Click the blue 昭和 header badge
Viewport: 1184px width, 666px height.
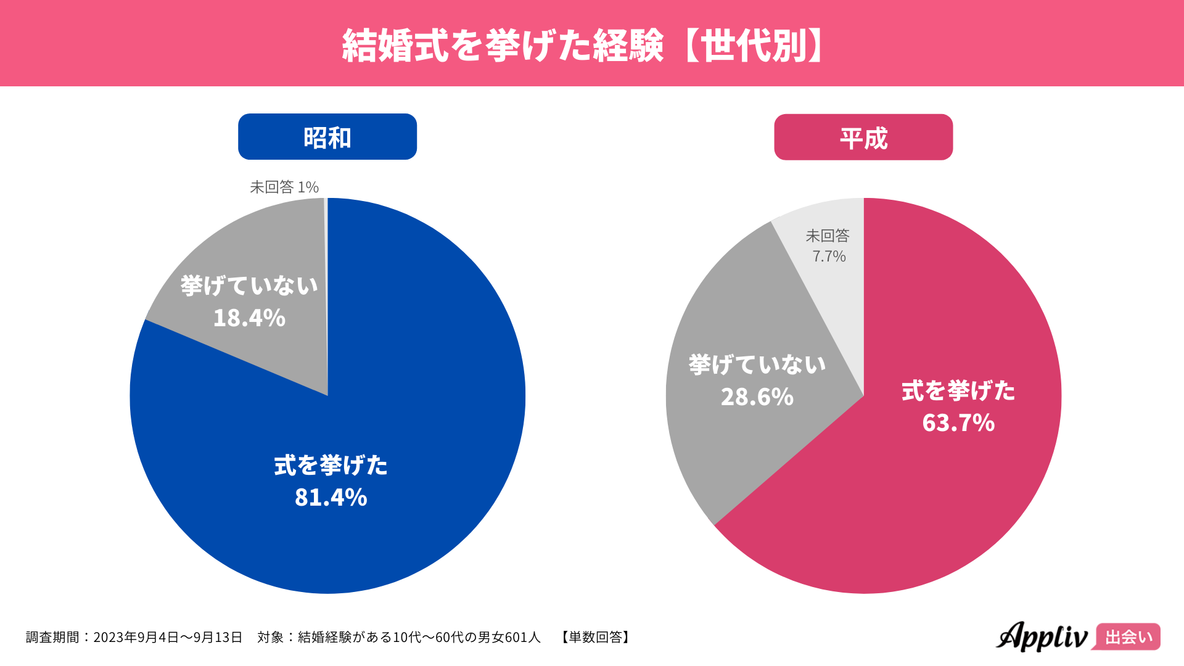(x=327, y=137)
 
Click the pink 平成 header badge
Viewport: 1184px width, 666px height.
(x=863, y=138)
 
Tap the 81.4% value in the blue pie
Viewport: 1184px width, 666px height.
(x=331, y=497)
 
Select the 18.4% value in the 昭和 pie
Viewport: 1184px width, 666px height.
(x=249, y=318)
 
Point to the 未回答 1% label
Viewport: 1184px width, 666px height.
(x=284, y=187)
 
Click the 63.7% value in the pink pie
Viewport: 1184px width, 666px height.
(x=958, y=423)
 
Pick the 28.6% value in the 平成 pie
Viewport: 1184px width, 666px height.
(x=757, y=397)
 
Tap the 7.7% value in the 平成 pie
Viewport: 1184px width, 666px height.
(x=829, y=257)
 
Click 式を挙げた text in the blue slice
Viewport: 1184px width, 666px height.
(x=331, y=466)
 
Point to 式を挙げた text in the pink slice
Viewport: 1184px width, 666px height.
(x=958, y=391)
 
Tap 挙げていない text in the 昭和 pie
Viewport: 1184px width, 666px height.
(x=249, y=286)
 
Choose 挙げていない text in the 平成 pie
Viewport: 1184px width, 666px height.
(x=757, y=365)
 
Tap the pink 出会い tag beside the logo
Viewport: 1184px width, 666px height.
(x=1128, y=637)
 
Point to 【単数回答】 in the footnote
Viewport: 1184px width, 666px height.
(x=595, y=637)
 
